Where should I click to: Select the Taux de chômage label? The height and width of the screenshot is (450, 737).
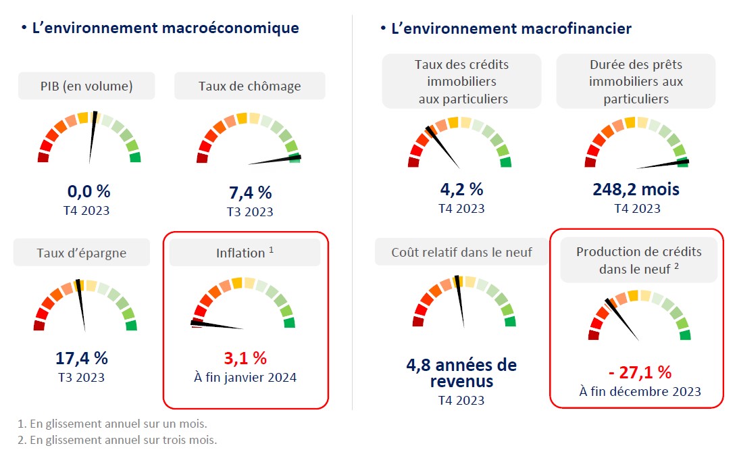249,86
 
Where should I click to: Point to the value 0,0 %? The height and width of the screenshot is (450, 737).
88,192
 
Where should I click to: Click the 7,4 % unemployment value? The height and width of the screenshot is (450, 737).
250,193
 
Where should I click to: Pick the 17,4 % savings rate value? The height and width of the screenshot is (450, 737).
81,359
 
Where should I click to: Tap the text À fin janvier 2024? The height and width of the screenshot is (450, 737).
245,377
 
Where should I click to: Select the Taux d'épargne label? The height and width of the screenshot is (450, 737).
82,253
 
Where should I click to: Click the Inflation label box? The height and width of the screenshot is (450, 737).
245,253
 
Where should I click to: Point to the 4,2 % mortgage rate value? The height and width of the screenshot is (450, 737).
461,190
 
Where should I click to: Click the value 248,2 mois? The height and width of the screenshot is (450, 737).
636,190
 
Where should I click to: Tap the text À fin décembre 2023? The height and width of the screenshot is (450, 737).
640,391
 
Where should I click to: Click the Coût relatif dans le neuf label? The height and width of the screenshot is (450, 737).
461,253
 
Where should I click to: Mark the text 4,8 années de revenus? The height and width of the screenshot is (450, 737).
461,373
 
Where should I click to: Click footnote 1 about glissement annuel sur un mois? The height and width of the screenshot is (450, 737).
112,424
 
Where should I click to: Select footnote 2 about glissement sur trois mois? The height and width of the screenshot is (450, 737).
117,440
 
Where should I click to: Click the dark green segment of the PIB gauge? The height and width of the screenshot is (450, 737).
135,157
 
